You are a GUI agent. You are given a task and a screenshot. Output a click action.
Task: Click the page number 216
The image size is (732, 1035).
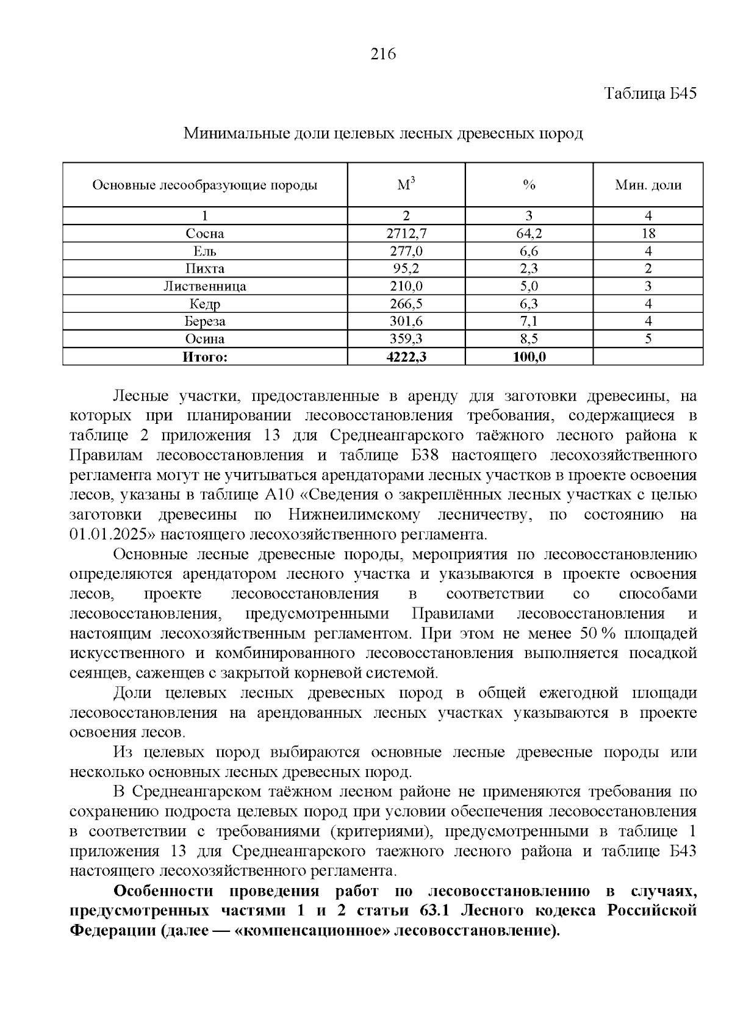(x=384, y=54)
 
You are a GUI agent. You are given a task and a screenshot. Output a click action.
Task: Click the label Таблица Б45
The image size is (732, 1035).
(x=650, y=94)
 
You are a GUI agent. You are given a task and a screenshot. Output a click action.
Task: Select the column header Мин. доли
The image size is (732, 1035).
(x=648, y=185)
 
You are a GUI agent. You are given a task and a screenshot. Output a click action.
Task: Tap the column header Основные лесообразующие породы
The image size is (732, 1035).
(x=205, y=185)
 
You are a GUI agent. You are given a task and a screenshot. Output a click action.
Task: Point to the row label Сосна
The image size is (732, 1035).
(x=205, y=234)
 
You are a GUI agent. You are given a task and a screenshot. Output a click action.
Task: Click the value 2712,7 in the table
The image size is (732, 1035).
(x=406, y=234)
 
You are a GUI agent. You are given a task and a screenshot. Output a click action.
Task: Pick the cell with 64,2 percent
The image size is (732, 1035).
(x=529, y=234)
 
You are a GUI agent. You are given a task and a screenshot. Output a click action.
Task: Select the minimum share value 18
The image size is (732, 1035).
(x=648, y=234)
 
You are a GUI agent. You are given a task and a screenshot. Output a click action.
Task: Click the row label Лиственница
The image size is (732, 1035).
(x=205, y=286)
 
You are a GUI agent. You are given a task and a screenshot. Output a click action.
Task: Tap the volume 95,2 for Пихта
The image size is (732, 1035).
(x=406, y=268)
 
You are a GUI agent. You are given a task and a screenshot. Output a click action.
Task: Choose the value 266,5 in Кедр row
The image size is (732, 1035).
(x=406, y=304)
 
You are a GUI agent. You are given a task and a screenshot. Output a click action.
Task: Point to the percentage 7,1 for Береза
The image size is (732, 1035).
(x=529, y=321)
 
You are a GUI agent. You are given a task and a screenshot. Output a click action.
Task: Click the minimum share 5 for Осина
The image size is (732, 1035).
(x=648, y=338)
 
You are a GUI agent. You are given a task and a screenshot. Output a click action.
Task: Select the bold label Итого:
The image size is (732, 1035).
(x=205, y=357)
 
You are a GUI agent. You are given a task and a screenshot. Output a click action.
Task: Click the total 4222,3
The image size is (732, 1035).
(x=406, y=357)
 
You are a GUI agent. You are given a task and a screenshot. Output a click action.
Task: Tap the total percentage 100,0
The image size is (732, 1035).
(x=529, y=357)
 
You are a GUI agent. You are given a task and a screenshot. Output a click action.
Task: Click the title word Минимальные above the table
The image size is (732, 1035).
(x=229, y=134)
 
